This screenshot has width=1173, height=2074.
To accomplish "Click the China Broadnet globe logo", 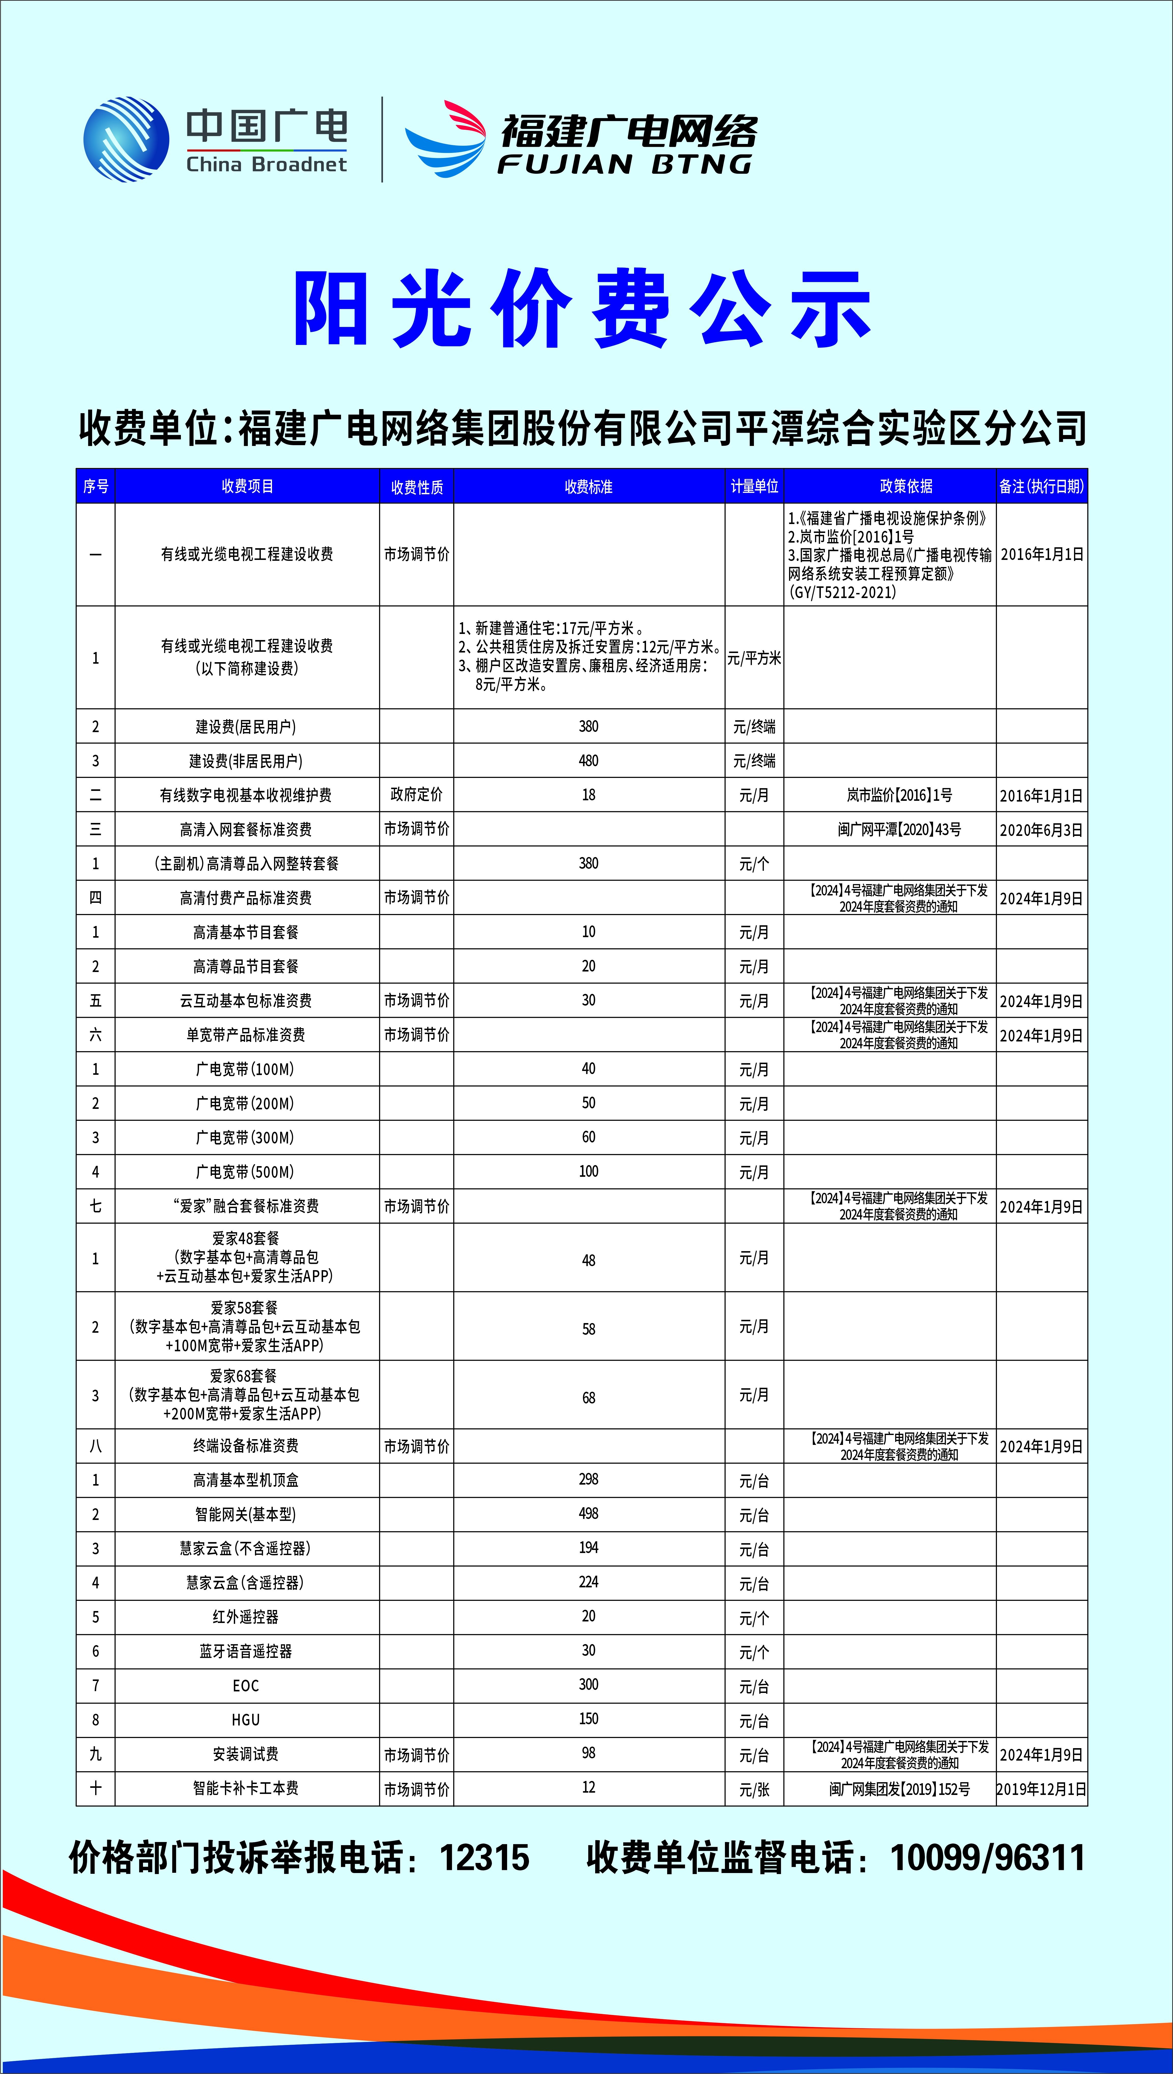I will click(126, 139).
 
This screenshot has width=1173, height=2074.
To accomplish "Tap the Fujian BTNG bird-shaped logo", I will click(446, 139).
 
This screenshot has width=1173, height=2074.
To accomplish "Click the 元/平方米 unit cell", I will click(754, 658).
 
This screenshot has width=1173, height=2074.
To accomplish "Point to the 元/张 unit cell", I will click(754, 1789).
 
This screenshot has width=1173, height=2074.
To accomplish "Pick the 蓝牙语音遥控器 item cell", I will click(246, 1651).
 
